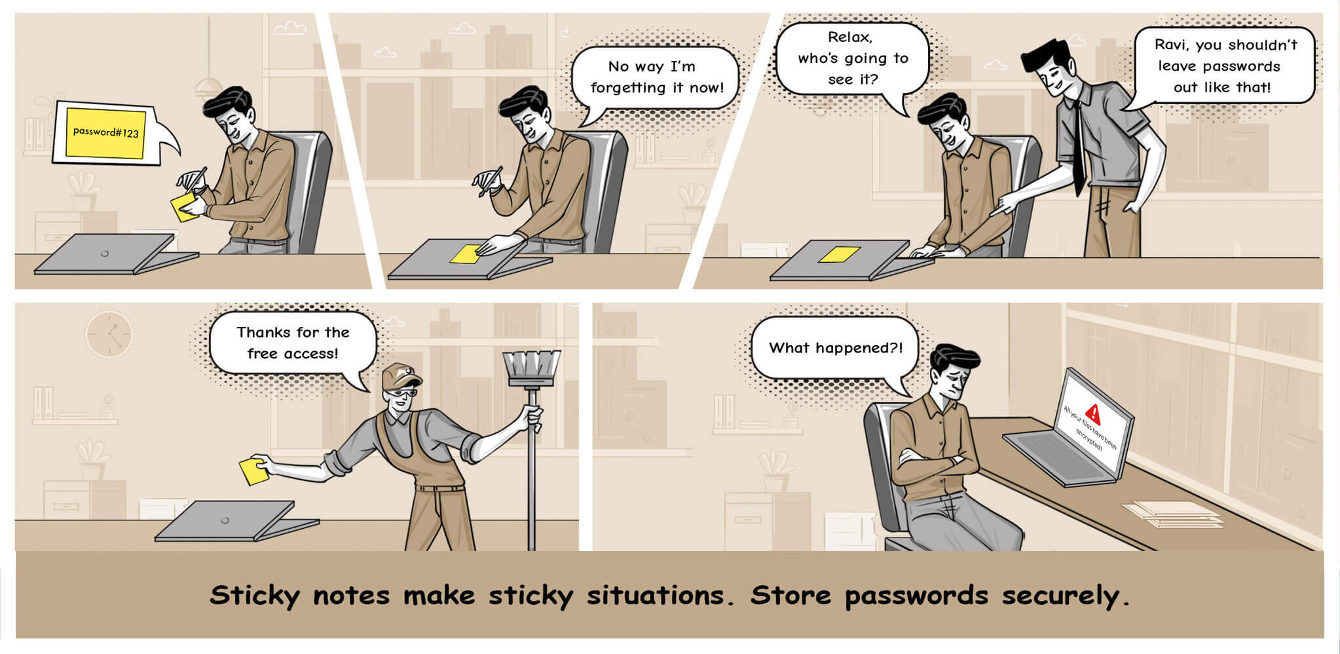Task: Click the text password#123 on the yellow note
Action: [105, 132]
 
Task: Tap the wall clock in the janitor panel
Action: [109, 334]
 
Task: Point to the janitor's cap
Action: [400, 376]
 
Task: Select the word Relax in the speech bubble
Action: [850, 37]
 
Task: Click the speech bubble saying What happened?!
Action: [835, 349]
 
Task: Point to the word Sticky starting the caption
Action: [254, 595]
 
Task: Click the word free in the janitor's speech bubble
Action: [262, 354]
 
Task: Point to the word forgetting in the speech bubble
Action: [627, 88]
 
